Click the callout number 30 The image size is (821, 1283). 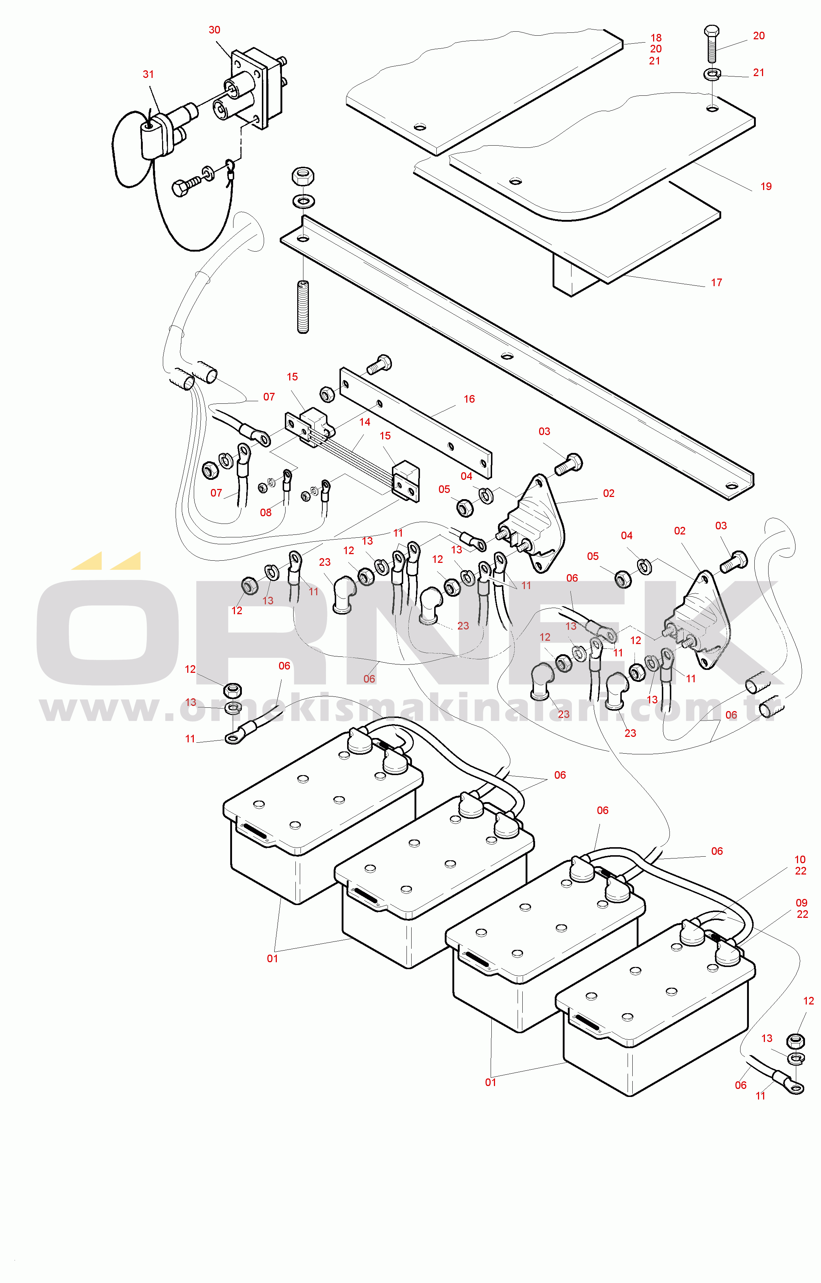[214, 30]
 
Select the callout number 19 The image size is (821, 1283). [766, 186]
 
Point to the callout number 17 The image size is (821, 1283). [716, 283]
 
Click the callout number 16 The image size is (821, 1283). [469, 399]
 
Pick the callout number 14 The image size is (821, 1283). [365, 422]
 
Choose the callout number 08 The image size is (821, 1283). [266, 513]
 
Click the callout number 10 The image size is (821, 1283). [800, 860]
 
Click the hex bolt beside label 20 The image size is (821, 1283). [712, 44]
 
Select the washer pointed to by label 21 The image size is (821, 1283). [712, 74]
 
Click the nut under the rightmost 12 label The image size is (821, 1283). [796, 1040]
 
